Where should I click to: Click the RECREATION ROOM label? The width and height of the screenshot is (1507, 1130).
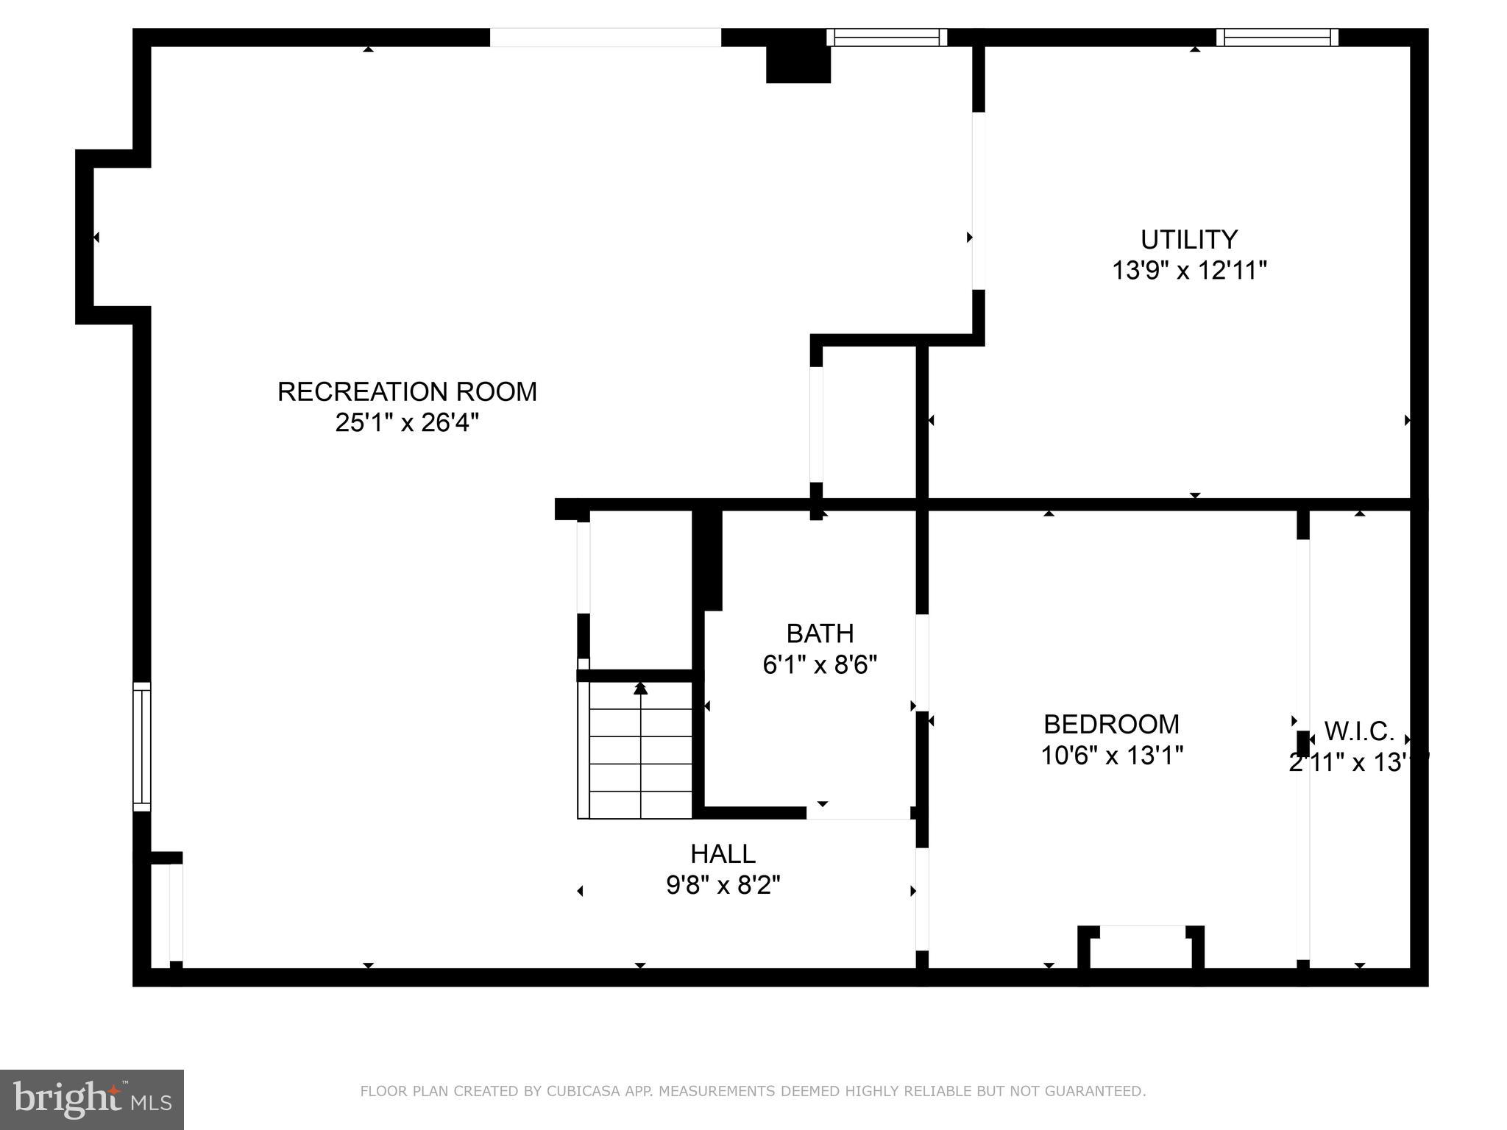tap(407, 391)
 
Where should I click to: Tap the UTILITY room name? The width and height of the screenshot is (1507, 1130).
tap(1188, 240)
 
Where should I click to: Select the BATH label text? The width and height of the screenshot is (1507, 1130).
tap(820, 633)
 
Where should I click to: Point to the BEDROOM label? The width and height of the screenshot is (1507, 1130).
tap(1111, 725)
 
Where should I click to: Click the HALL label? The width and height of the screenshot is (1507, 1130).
tap(723, 854)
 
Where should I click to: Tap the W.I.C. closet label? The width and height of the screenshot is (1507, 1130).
tap(1359, 731)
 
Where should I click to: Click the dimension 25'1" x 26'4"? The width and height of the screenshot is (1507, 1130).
tap(407, 423)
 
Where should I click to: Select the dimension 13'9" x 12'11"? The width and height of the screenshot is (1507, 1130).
tap(1188, 271)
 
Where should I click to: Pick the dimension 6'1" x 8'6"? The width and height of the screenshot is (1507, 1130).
tap(820, 665)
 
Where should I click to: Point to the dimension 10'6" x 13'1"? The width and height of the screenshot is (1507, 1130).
tap(1111, 756)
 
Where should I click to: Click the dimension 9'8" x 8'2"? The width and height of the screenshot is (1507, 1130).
tap(723, 885)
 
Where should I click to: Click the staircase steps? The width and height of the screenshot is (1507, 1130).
tap(640, 758)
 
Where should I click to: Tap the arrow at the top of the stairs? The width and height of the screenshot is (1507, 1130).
tap(640, 689)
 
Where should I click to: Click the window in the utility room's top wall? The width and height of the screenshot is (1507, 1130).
tap(1277, 38)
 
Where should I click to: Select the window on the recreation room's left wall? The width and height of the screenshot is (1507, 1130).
tap(142, 747)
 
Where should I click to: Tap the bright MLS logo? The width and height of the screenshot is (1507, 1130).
tap(92, 1100)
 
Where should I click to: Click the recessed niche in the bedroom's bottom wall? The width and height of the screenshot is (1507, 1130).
tap(1141, 949)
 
